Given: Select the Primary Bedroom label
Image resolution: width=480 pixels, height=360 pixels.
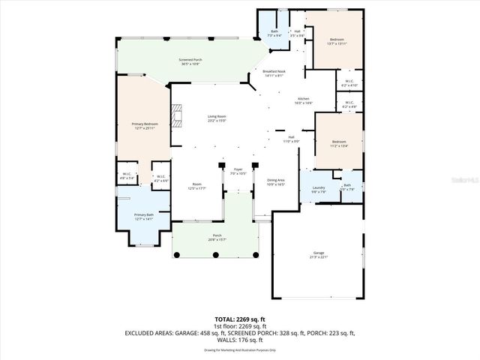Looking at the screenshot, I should [x=145, y=125].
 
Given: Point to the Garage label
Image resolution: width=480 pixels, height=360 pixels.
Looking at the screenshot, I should [x=319, y=254].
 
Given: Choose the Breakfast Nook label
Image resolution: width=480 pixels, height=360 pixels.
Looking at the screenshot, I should [x=273, y=73].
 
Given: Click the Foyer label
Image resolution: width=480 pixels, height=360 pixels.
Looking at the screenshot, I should [x=238, y=171].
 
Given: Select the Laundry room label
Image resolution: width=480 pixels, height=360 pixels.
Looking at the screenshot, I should [x=318, y=188].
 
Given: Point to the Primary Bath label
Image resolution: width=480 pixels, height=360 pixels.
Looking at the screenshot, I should [x=144, y=217].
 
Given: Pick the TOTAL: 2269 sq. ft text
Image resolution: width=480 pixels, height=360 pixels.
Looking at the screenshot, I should [x=239, y=319].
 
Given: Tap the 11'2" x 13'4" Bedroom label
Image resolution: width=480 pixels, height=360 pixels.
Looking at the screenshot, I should [x=339, y=143].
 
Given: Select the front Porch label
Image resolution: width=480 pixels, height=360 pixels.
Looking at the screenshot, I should [x=217, y=238].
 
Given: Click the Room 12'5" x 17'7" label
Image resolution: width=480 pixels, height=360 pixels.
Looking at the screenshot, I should [x=196, y=186].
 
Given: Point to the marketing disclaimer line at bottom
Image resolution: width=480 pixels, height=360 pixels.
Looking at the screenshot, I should [x=239, y=350].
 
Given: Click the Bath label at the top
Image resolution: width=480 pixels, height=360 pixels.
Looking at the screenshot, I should [x=274, y=33].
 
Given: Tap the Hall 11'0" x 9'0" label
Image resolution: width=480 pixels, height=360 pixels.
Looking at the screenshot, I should [x=291, y=139].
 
